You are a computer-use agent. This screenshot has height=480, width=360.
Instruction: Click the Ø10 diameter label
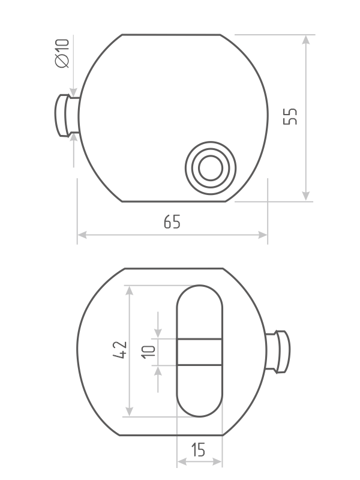pyautogui.click(x=62, y=53)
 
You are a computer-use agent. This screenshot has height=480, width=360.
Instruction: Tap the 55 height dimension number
pyautogui.click(x=290, y=116)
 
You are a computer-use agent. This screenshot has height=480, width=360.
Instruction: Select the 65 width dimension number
pyautogui.click(x=172, y=221)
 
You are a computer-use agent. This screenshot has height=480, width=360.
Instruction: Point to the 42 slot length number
pyautogui.click(x=119, y=349)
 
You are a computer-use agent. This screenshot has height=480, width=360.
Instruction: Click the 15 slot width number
pyautogui.click(x=198, y=450)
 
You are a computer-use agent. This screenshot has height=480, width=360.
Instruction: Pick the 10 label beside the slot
pyautogui.click(x=148, y=352)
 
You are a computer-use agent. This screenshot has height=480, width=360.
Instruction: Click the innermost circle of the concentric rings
pyautogui.click(x=211, y=168)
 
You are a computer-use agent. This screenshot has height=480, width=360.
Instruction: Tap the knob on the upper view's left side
pyautogui.click(x=67, y=115)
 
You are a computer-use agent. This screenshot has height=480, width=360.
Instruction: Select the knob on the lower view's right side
pyautogui.click(x=278, y=352)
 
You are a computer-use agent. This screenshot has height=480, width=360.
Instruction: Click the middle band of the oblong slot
pyautogui.click(x=199, y=352)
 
